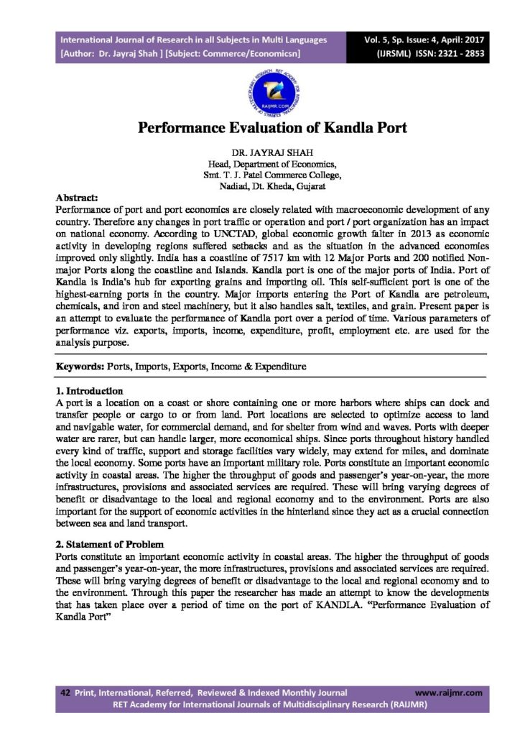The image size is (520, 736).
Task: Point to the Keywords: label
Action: tap(80, 366)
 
